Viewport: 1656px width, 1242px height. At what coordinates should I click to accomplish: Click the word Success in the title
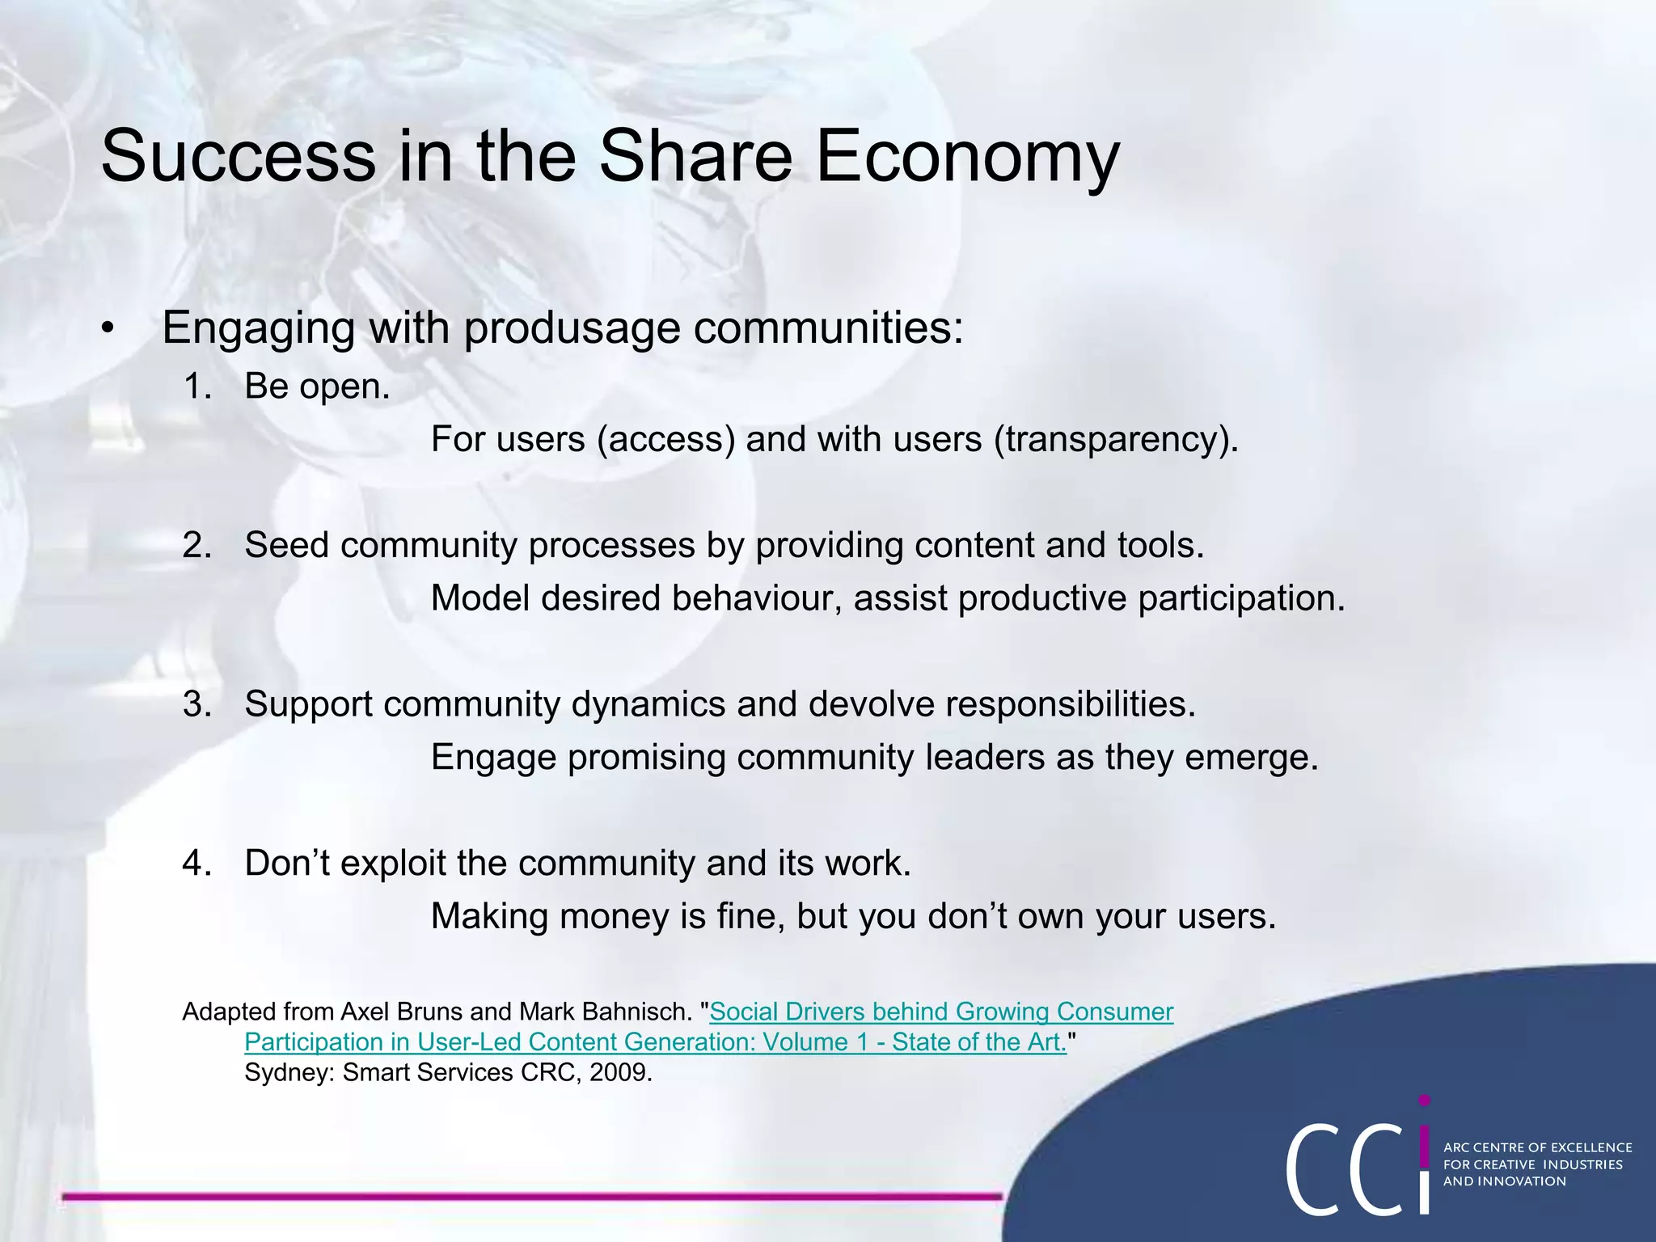[238, 156]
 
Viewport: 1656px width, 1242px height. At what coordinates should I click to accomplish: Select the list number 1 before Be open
[196, 387]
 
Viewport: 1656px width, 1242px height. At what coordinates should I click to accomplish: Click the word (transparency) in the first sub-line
[1116, 440]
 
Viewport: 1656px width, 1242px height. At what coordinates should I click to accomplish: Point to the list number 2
[196, 546]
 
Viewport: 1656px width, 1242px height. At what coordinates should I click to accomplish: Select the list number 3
[196, 704]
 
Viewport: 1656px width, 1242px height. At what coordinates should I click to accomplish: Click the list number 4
[196, 864]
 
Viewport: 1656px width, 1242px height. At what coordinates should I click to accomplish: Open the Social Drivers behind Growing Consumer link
[940, 1012]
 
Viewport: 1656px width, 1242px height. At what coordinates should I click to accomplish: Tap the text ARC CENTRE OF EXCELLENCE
[1537, 1147]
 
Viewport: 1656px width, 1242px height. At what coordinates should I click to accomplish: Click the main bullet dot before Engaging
[108, 328]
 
